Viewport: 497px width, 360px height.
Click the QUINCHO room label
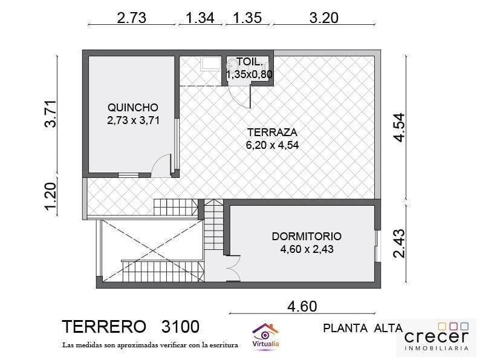pyautogui.click(x=133, y=108)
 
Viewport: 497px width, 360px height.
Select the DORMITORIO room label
pyautogui.click(x=307, y=236)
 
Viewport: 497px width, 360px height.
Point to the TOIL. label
pyautogui.click(x=249, y=62)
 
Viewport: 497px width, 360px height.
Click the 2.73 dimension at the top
pyautogui.click(x=131, y=18)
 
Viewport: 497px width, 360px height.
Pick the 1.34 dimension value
pyautogui.click(x=200, y=18)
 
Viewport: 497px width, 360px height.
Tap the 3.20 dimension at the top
pyautogui.click(x=323, y=18)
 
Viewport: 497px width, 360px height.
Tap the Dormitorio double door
pyautogui.click(x=232, y=268)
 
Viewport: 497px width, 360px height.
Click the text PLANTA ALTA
pyautogui.click(x=363, y=329)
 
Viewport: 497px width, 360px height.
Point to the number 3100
pyautogui.click(x=180, y=327)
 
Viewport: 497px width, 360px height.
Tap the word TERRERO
pyautogui.click(x=104, y=327)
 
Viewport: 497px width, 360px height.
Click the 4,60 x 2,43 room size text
pyautogui.click(x=307, y=249)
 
